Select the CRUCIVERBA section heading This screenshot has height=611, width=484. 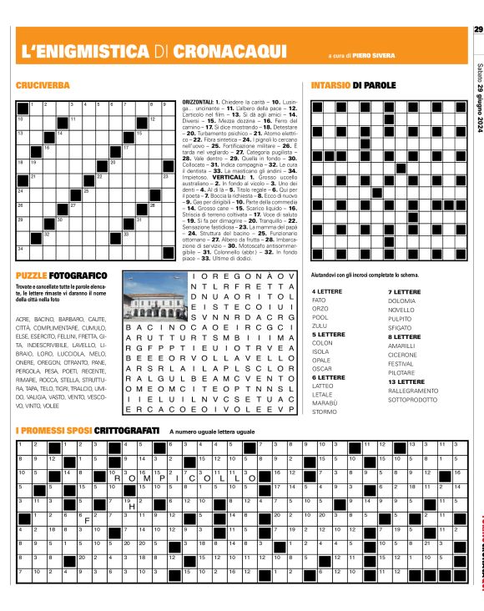[43, 86]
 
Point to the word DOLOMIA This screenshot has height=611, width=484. [401, 300]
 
